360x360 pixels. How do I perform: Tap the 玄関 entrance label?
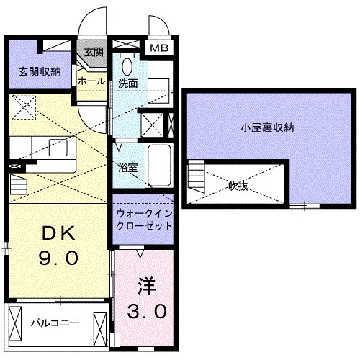point(94,52)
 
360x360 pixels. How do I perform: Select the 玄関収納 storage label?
point(39,71)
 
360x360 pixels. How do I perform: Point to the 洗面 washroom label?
point(128,82)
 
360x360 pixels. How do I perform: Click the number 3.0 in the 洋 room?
point(149,311)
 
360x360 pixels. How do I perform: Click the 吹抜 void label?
point(239,186)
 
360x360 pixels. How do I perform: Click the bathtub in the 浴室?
point(158,163)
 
